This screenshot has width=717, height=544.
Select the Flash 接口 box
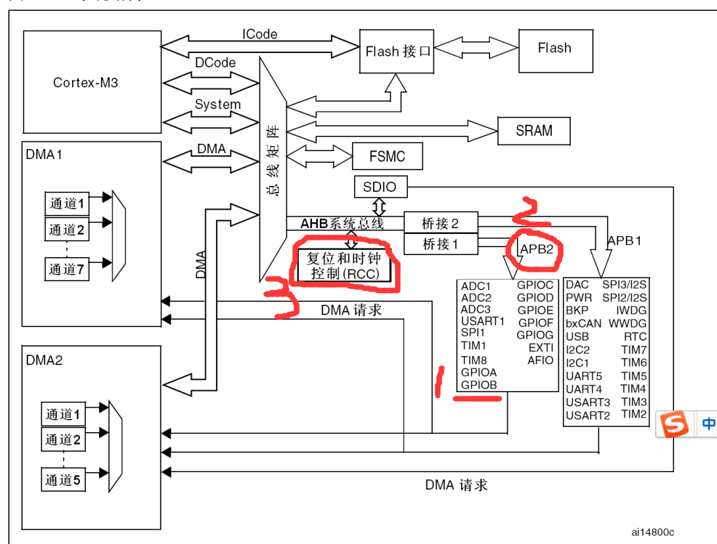[397, 52]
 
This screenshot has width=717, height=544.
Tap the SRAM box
[534, 131]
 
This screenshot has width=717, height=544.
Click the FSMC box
[387, 156]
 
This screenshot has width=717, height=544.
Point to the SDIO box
[380, 187]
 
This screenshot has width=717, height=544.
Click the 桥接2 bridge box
[440, 222]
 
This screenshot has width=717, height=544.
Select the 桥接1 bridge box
[440, 244]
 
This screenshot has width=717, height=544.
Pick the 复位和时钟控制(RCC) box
[345, 266]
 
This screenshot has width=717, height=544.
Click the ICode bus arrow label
[260, 34]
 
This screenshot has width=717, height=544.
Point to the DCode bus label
[215, 63]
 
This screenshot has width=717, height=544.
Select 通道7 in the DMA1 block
[67, 269]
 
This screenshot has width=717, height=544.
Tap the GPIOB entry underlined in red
[478, 385]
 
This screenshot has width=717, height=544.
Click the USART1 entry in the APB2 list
[482, 321]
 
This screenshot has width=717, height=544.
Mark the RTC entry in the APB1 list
[635, 337]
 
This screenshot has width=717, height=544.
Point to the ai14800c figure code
[652, 532]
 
